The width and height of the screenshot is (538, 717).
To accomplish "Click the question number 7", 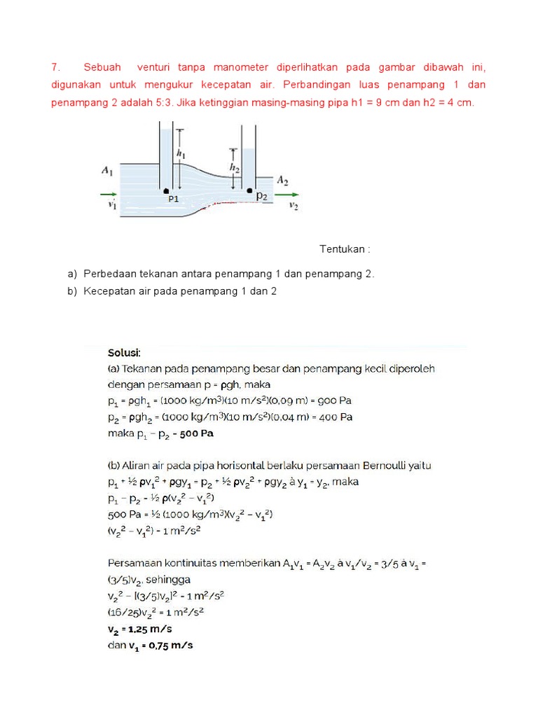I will click(55, 68).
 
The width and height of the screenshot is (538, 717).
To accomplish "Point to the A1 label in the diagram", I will click(107, 170).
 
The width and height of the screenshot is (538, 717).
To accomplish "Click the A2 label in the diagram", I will click(282, 180).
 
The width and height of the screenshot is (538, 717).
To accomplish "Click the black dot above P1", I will click(166, 190).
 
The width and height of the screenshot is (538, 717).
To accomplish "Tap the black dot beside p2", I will click(249, 190).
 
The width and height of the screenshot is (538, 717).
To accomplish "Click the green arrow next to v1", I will click(109, 194).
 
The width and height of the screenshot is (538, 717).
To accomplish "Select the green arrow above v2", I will click(289, 195).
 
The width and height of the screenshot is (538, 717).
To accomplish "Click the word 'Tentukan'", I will click(343, 249).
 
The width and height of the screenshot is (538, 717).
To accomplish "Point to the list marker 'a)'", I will click(71, 274).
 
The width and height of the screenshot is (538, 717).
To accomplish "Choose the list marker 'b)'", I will click(71, 291).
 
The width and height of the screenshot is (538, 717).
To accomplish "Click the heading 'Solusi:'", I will click(124, 352).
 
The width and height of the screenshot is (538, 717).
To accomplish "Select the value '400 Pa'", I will click(336, 417).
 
